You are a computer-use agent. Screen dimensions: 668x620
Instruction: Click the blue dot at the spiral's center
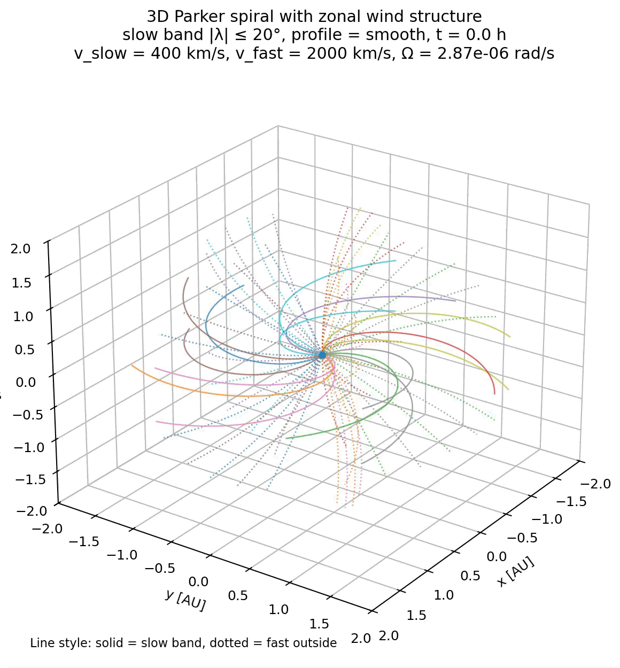[x=322, y=354]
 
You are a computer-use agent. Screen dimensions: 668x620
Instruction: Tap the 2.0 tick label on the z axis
[x=21, y=248]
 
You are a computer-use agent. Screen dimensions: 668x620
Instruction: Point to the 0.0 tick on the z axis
[x=25, y=382]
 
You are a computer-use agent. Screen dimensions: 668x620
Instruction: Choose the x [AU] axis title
[x=515, y=572]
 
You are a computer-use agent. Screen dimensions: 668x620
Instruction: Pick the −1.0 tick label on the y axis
[x=122, y=555]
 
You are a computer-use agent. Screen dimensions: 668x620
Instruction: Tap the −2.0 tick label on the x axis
[x=594, y=484]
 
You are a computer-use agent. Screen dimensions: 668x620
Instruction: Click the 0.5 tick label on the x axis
[x=471, y=576]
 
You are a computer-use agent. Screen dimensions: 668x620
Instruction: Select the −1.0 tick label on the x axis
[x=546, y=519]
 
